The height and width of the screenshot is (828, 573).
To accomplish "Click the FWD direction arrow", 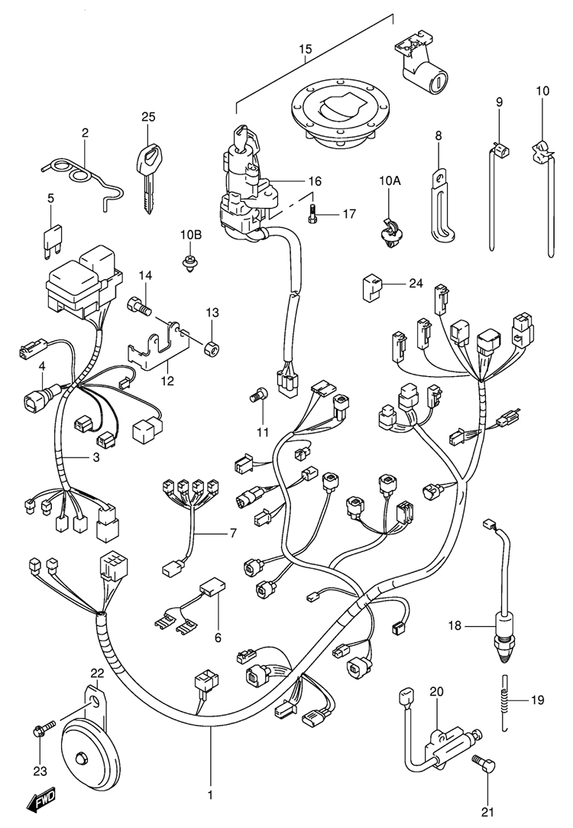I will pos(45,802).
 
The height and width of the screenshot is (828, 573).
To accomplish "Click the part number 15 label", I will pos(305,50).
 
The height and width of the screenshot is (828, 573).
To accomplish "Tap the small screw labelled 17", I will pos(312,215).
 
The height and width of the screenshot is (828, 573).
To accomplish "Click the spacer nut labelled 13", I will pos(211,348).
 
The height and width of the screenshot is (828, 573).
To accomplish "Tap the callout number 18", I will pos(455,627).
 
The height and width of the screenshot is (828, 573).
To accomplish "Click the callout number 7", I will pos(232,533).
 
